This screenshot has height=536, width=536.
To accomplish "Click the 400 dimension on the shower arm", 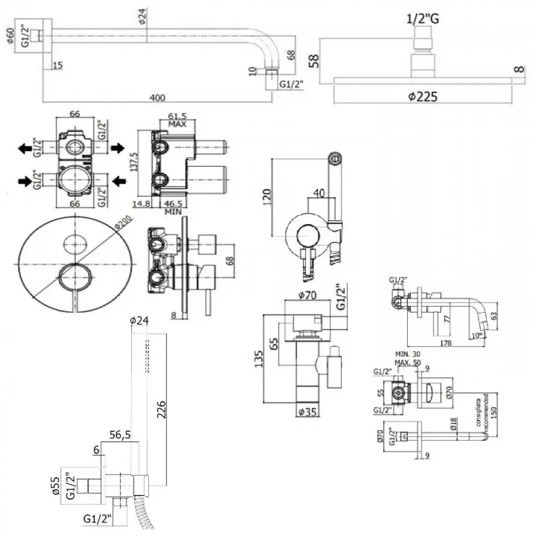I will click(x=157, y=97).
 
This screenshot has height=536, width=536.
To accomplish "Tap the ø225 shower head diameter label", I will click(x=422, y=96).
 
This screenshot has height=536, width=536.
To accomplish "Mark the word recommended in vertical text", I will click(x=486, y=410).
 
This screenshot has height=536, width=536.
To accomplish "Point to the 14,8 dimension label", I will click(x=142, y=204).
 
